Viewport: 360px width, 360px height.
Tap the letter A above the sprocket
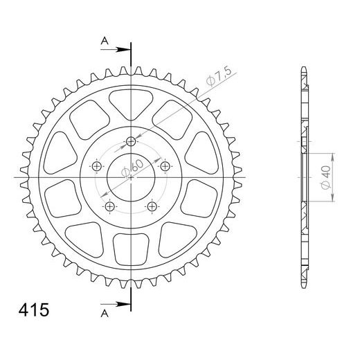click(105, 41)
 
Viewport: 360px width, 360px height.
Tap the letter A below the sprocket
click(105, 313)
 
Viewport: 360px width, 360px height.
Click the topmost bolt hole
click(132, 143)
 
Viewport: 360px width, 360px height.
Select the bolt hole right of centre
click(165, 166)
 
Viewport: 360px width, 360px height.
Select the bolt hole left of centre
click(97, 166)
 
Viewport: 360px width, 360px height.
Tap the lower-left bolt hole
click(110, 206)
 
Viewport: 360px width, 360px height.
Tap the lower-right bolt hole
click(152, 206)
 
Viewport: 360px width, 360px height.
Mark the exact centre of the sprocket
click(132, 178)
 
